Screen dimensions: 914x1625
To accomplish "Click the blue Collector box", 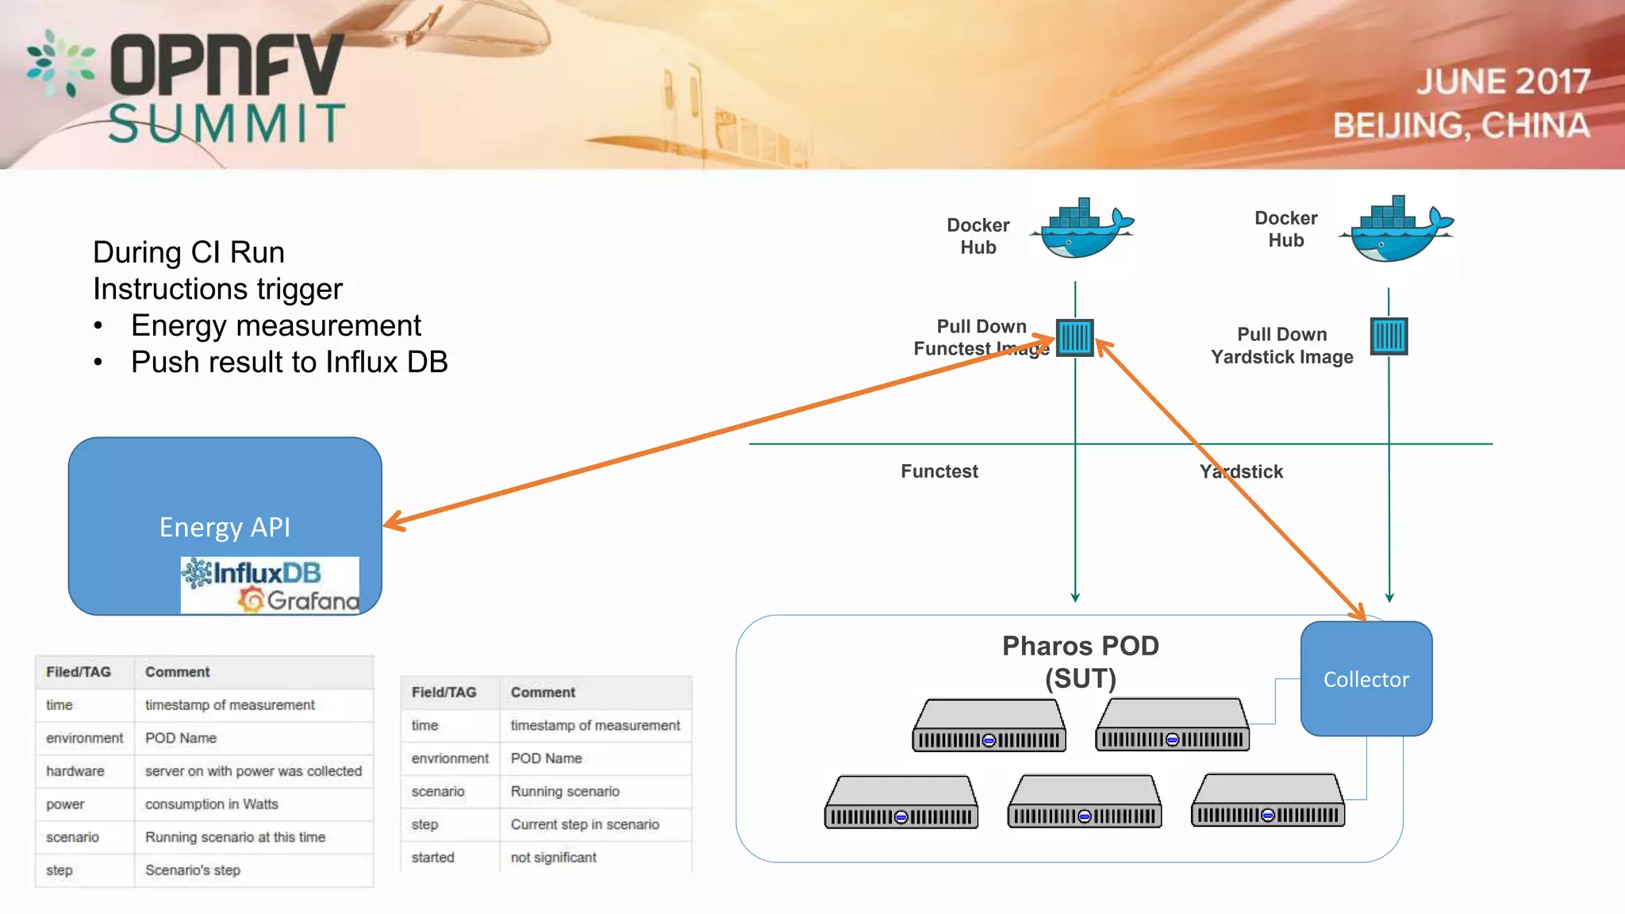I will tap(1366, 679).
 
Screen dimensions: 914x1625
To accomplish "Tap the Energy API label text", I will tap(225, 528).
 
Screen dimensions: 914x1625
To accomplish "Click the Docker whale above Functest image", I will tap(1083, 230).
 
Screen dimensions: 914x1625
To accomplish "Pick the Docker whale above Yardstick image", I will tap(1396, 230).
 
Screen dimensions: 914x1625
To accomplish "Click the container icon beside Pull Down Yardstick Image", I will tap(1389, 336).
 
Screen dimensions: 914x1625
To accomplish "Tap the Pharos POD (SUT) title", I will tap(1080, 662).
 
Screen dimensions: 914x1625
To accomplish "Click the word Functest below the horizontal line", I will tap(939, 471).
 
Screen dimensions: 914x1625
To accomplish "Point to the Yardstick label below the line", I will tap(1241, 472).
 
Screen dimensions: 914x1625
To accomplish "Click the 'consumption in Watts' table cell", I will tap(211, 804).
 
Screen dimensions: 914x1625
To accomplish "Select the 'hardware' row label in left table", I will tap(75, 771).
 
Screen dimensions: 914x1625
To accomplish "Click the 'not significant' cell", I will tap(553, 858).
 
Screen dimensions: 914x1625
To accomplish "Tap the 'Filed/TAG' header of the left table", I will tap(78, 672).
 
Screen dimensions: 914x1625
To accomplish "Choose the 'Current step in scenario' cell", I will tap(585, 824).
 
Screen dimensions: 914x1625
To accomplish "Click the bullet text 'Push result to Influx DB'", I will tap(289, 363).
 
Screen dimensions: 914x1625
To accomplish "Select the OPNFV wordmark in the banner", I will tap(226, 65).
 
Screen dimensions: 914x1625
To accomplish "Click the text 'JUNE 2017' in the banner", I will tap(1503, 82).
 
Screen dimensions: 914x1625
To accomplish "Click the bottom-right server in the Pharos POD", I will tap(1267, 801).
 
